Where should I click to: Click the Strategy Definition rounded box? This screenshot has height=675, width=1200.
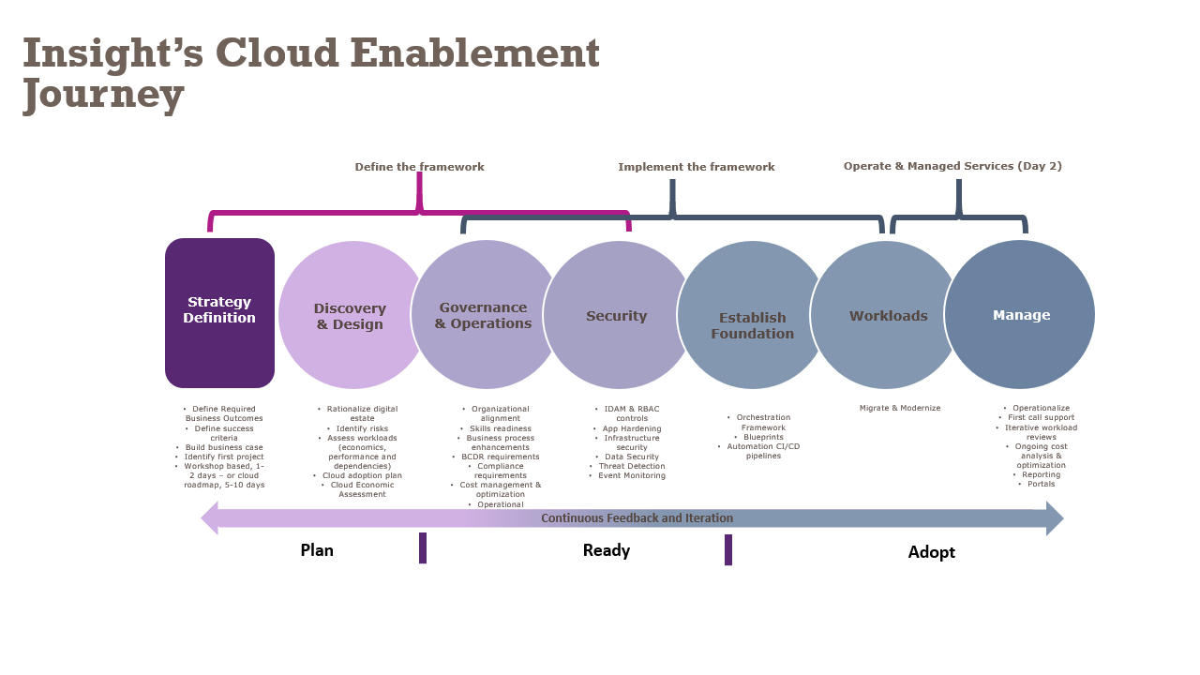pos(219,312)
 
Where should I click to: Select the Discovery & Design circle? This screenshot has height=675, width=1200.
pos(350,316)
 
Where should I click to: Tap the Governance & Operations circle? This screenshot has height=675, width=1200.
pos(483,315)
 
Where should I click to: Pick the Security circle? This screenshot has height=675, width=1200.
pos(616,316)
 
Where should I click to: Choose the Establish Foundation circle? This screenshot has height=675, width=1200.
pos(751,325)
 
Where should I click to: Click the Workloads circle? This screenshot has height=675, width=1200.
pos(888,316)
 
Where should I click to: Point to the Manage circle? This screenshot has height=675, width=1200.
pos(1020,315)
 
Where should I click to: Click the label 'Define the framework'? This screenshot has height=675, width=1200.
pos(419,167)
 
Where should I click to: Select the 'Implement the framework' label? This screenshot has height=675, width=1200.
pos(696,167)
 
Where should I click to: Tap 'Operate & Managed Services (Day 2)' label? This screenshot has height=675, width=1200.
pos(952,166)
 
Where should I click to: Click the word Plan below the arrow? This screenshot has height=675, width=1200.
pos(317,550)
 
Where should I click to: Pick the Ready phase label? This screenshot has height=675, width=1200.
pos(607,550)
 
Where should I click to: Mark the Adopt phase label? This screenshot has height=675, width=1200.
pos(931,552)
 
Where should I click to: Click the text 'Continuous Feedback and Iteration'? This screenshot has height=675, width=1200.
pos(637,518)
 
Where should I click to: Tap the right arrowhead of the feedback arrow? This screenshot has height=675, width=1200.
pos(1055,518)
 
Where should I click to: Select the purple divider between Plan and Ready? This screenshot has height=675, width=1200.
pos(423,547)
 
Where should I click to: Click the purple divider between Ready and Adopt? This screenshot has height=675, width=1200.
pos(728,549)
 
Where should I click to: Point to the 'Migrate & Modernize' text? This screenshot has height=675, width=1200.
pos(900,408)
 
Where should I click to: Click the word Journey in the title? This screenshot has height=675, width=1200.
pos(103,94)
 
